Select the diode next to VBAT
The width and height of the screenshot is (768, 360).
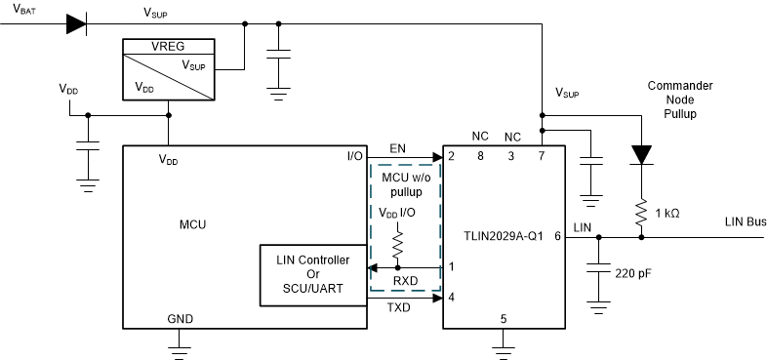click(76, 23)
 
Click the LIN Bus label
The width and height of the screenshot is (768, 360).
click(744, 222)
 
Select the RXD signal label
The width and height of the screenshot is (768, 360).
click(404, 281)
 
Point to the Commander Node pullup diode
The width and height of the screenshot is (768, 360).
click(641, 153)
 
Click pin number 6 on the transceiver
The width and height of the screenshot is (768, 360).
click(556, 235)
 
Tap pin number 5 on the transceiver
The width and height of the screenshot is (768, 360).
click(503, 317)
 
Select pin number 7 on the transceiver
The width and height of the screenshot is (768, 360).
click(543, 156)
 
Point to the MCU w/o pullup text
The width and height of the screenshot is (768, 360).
click(405, 184)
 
